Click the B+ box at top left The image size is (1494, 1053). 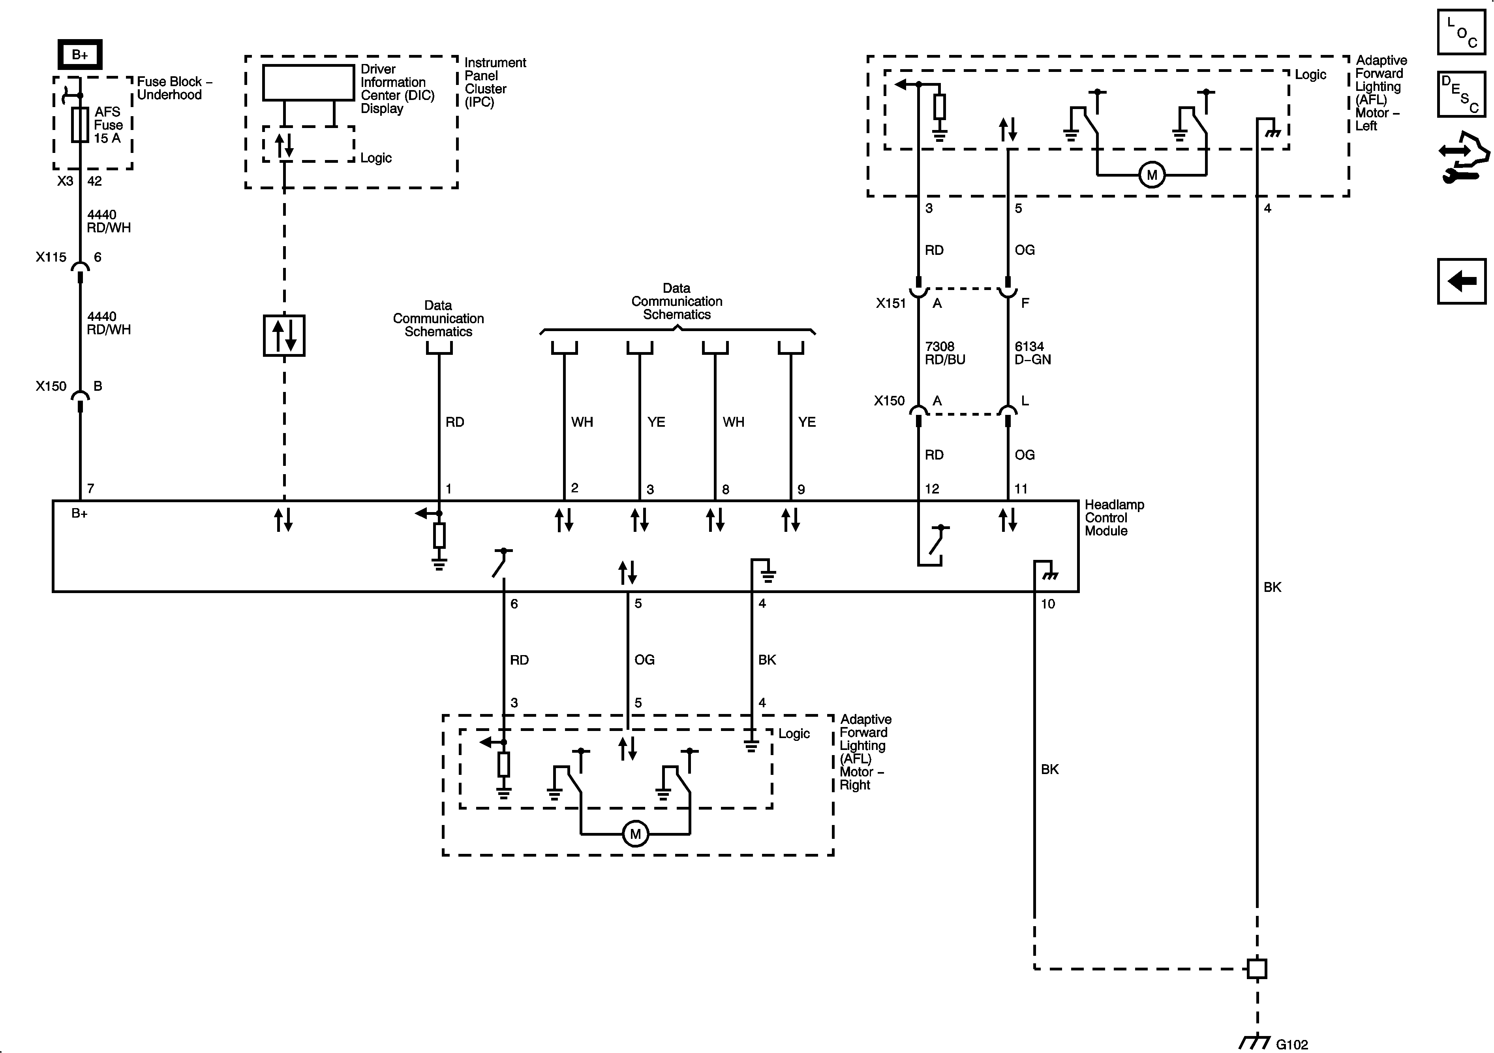point(80,55)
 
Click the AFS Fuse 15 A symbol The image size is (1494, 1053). point(80,124)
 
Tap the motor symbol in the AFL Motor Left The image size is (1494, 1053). point(1152,175)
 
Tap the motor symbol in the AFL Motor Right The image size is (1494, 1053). point(635,834)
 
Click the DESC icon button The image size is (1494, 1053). point(1461,94)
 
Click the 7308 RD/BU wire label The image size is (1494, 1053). point(945,353)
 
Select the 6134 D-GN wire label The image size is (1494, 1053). point(1033,353)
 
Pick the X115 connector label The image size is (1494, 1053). point(51,257)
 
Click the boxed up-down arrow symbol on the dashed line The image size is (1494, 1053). point(284,336)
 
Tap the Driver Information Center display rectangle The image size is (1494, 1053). point(308,83)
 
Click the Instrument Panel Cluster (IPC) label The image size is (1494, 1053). point(495,82)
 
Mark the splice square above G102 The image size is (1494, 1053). point(1256,968)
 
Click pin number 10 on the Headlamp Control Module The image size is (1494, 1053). point(1047,604)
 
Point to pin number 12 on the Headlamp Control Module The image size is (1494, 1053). point(932,489)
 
